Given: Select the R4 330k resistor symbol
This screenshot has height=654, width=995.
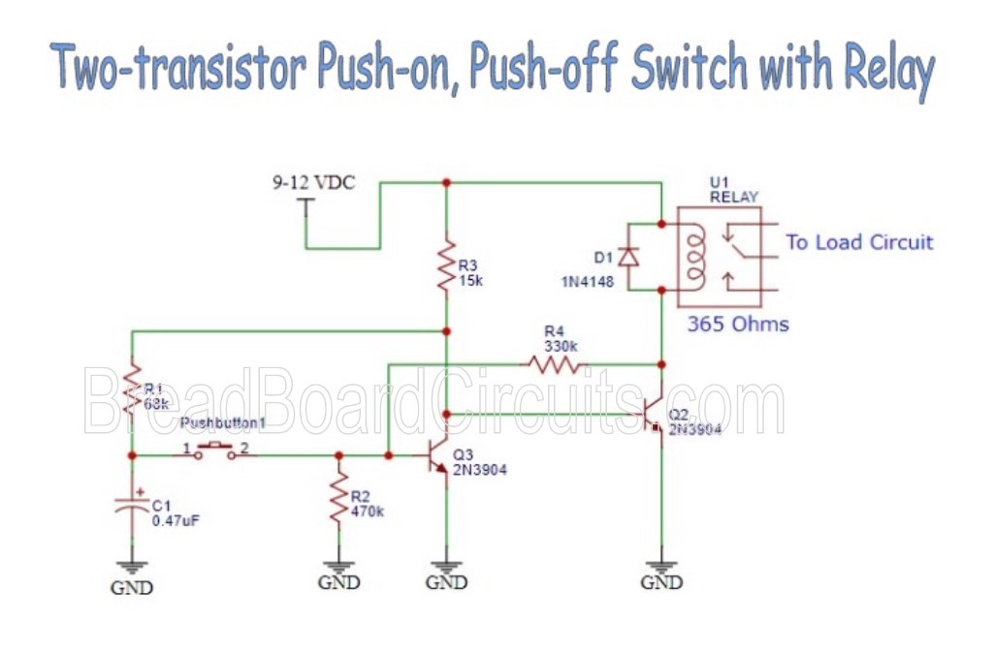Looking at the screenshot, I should tap(555, 364).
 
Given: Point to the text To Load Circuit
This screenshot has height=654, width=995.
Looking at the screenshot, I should tap(858, 242).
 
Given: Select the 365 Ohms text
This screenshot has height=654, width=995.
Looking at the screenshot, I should tap(738, 325).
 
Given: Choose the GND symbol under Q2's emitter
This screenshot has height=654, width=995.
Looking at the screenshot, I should tap(660, 572).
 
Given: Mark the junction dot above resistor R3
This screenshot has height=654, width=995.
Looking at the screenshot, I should tap(445, 181).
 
